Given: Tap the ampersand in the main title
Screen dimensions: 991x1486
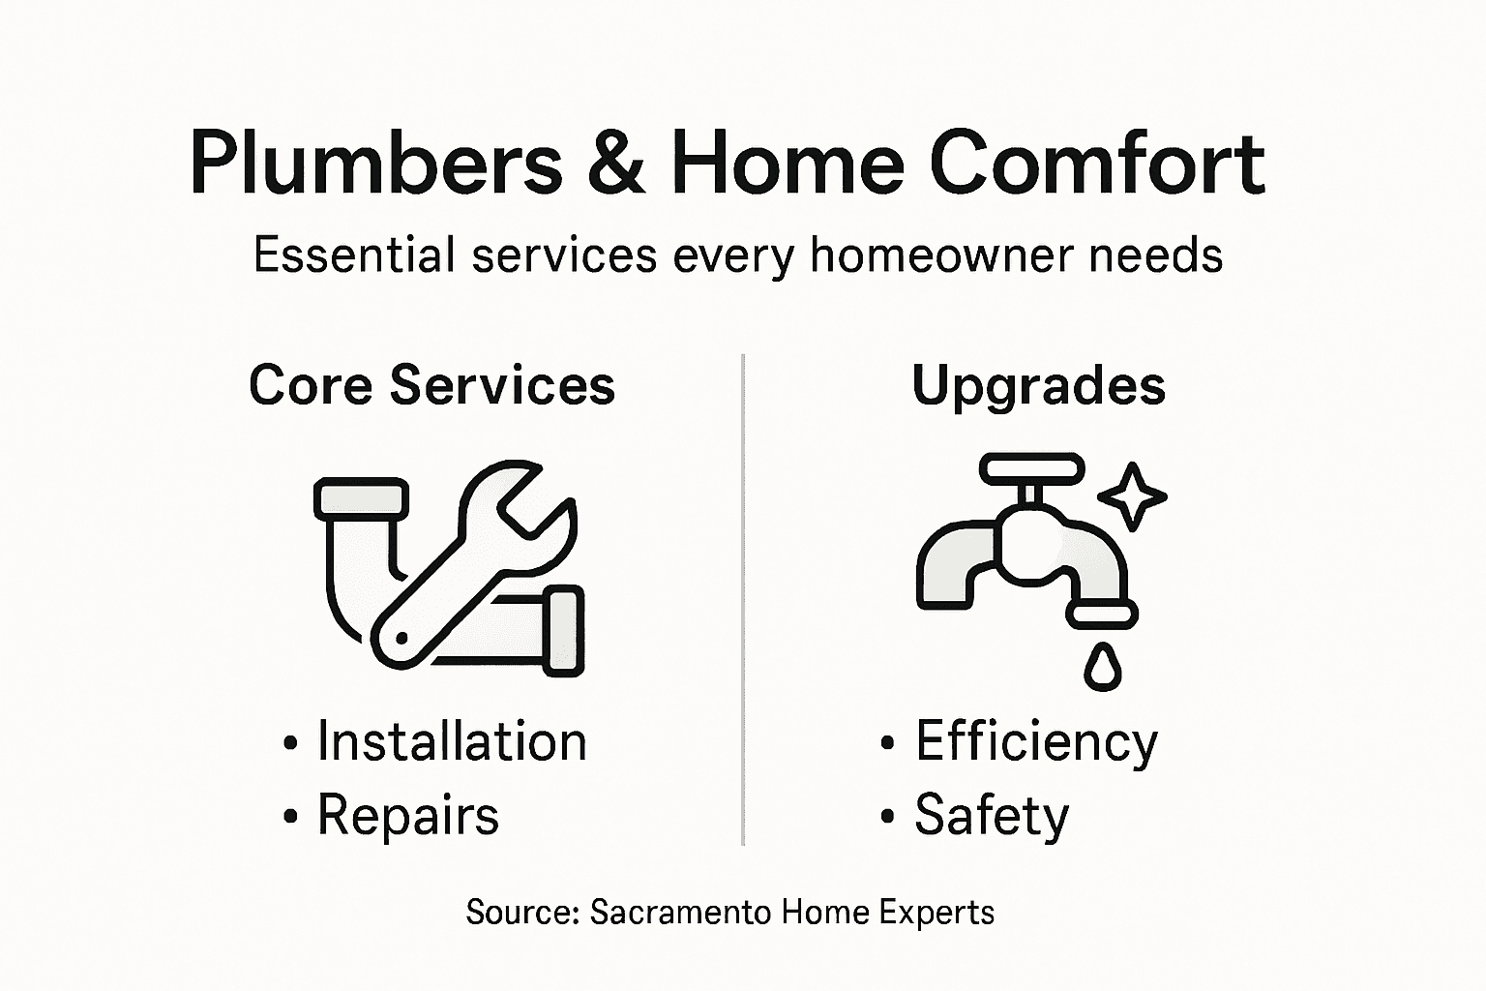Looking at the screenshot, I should [614, 163].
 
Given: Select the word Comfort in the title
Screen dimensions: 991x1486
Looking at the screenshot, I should [1097, 163].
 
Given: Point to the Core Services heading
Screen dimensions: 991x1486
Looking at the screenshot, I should [431, 385].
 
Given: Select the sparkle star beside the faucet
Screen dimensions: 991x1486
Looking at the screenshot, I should [1132, 496].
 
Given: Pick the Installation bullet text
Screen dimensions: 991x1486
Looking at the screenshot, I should [452, 742].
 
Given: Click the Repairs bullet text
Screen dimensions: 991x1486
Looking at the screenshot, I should [407, 815].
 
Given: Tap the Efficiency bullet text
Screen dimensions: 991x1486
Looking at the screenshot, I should [1036, 742].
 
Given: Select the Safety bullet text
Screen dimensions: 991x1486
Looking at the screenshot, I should [992, 815].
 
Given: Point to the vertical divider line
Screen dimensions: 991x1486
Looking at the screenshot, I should [743, 600].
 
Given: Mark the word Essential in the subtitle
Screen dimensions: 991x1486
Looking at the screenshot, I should [354, 255].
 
